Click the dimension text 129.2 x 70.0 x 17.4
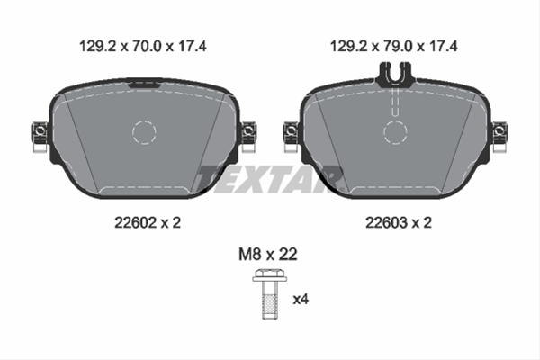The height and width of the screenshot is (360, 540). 143,46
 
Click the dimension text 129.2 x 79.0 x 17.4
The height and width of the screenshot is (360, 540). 394,46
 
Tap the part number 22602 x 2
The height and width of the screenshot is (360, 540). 148,223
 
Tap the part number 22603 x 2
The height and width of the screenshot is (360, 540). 399,223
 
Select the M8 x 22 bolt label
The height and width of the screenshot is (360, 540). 268,254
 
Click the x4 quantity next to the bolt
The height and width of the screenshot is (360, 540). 301,299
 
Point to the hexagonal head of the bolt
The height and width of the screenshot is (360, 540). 270,274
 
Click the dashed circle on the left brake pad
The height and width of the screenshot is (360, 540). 144,121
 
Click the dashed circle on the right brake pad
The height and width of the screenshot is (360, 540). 395,121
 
